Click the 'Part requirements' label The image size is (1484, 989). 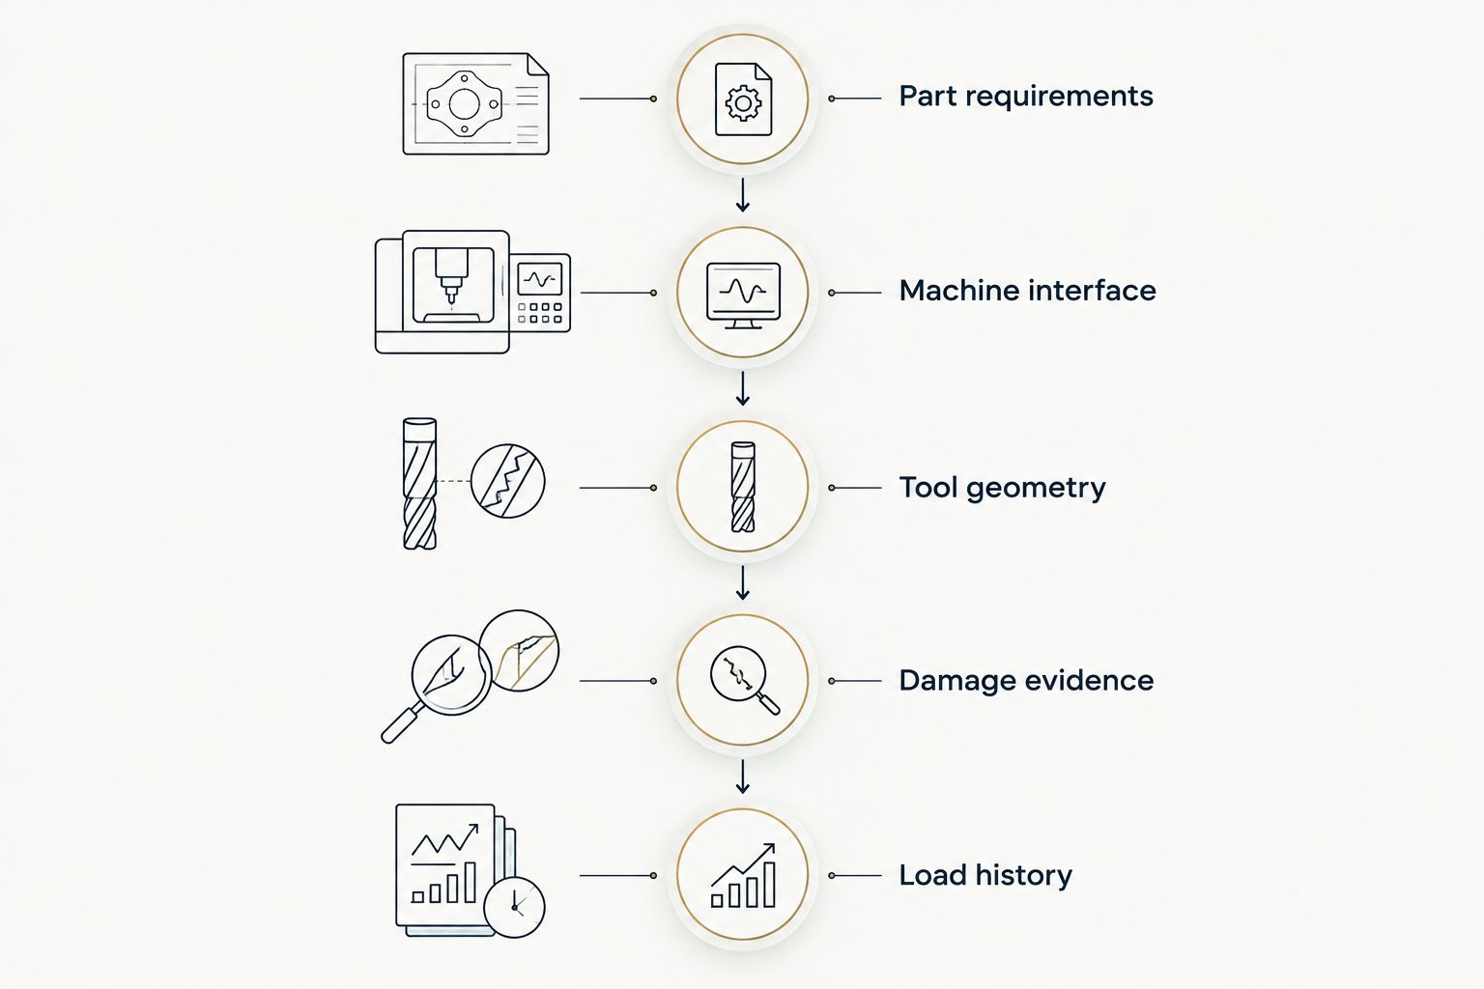(x=1025, y=97)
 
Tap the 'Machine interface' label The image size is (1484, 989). (x=1028, y=291)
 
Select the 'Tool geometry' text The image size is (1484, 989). (x=1002, y=488)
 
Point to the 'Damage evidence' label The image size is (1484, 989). (x=1026, y=681)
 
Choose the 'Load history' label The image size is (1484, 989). (x=985, y=876)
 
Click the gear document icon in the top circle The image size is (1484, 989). (x=743, y=99)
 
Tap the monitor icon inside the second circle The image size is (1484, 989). (x=743, y=296)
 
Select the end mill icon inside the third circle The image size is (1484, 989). (x=743, y=487)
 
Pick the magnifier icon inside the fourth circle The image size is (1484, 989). (x=745, y=680)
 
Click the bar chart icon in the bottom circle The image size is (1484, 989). (x=743, y=875)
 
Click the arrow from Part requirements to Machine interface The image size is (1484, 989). (x=743, y=195)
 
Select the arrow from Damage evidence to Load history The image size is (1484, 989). (x=743, y=777)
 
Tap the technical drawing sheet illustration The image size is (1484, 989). (x=475, y=104)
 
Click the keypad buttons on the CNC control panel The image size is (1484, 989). (x=540, y=313)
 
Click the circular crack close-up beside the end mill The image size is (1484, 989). (x=507, y=481)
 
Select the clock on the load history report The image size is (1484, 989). (x=514, y=908)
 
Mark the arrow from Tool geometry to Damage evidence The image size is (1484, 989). (x=743, y=583)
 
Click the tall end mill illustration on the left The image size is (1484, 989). (x=420, y=484)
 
